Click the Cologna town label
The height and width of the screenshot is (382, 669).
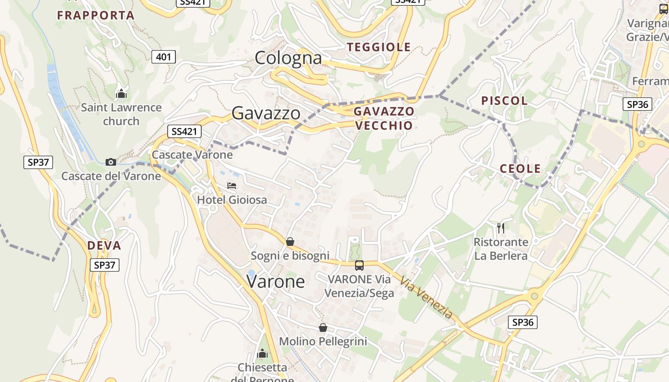coord(288,58)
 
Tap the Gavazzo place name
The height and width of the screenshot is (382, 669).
coord(266,113)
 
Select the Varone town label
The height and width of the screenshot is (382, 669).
coord(276,281)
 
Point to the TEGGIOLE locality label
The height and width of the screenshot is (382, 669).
coord(379,47)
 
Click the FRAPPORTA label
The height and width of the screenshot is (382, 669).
coord(96,15)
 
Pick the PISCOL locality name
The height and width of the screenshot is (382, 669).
coord(504,101)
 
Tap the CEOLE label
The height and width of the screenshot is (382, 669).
coord(520,169)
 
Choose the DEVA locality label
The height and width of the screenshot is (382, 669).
coord(104,246)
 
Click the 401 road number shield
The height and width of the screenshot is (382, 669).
coord(163,57)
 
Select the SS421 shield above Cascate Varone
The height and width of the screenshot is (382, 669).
coord(184,131)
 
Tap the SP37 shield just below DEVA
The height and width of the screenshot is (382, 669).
coord(105,265)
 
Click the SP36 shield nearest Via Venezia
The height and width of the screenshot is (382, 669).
coord(522,322)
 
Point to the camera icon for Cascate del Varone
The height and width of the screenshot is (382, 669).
coord(111,162)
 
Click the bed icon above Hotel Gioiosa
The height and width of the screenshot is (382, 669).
coord(232,185)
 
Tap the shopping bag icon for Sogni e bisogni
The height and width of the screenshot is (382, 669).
coord(290,242)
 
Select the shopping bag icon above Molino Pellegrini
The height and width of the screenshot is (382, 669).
coord(323,328)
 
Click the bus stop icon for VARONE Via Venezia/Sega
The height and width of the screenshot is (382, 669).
coord(359,265)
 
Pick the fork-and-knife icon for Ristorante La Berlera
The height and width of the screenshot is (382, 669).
coord(500,228)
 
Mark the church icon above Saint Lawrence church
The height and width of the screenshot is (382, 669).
coord(121,93)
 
